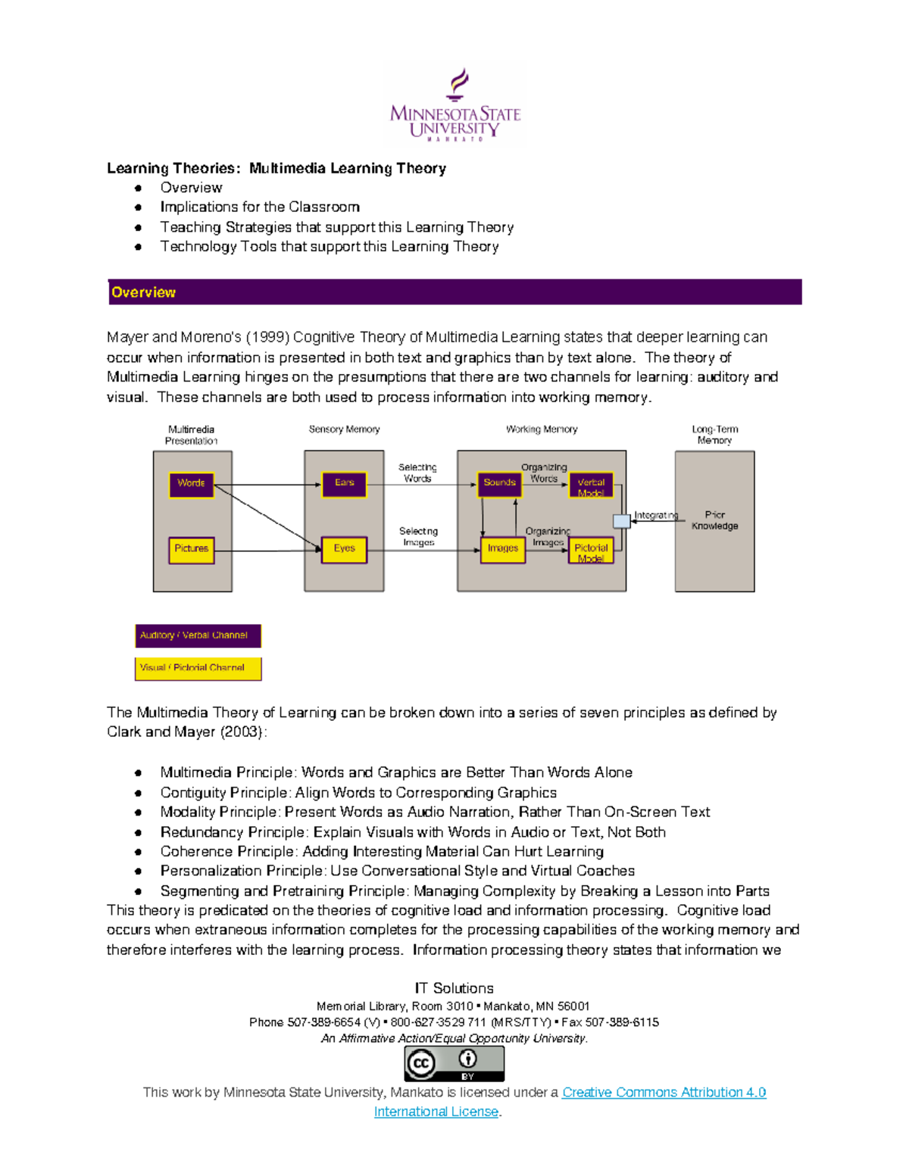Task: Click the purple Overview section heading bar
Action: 454,292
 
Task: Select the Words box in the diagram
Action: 191,484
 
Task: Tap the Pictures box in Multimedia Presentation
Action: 191,549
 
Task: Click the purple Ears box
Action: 344,484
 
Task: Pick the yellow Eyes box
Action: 344,549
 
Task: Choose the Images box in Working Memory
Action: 502,549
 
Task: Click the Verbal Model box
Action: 591,485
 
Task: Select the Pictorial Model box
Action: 591,551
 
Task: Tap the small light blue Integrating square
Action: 621,520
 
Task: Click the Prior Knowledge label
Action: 714,520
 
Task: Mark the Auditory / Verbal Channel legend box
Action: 198,635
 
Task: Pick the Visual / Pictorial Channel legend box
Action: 198,668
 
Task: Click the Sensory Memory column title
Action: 344,429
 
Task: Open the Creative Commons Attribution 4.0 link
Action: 664,1092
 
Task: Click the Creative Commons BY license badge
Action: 454,1063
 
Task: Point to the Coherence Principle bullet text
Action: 382,851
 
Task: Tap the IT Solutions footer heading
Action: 454,988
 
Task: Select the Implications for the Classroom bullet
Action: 260,207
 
